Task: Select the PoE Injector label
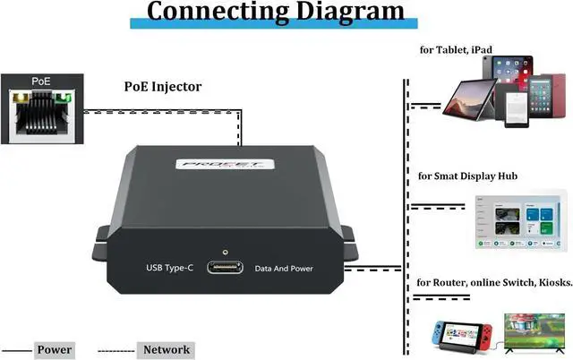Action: tap(163, 87)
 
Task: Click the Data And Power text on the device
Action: tap(285, 268)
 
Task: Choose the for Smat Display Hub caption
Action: tap(467, 176)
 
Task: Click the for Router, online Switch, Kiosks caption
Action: tap(494, 283)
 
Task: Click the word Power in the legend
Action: tap(55, 349)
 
